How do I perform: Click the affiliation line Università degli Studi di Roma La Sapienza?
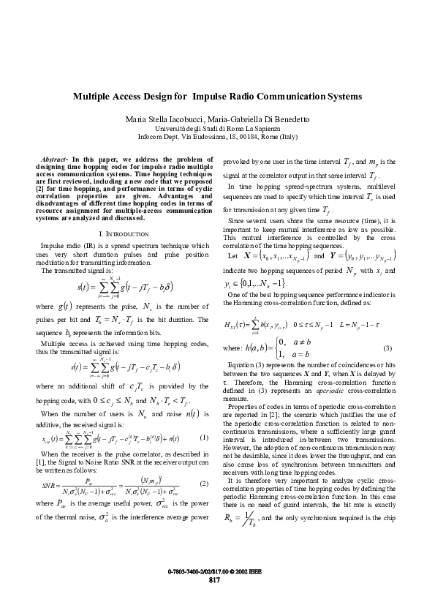(x=217, y=128)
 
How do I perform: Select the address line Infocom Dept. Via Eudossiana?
(x=217, y=136)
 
